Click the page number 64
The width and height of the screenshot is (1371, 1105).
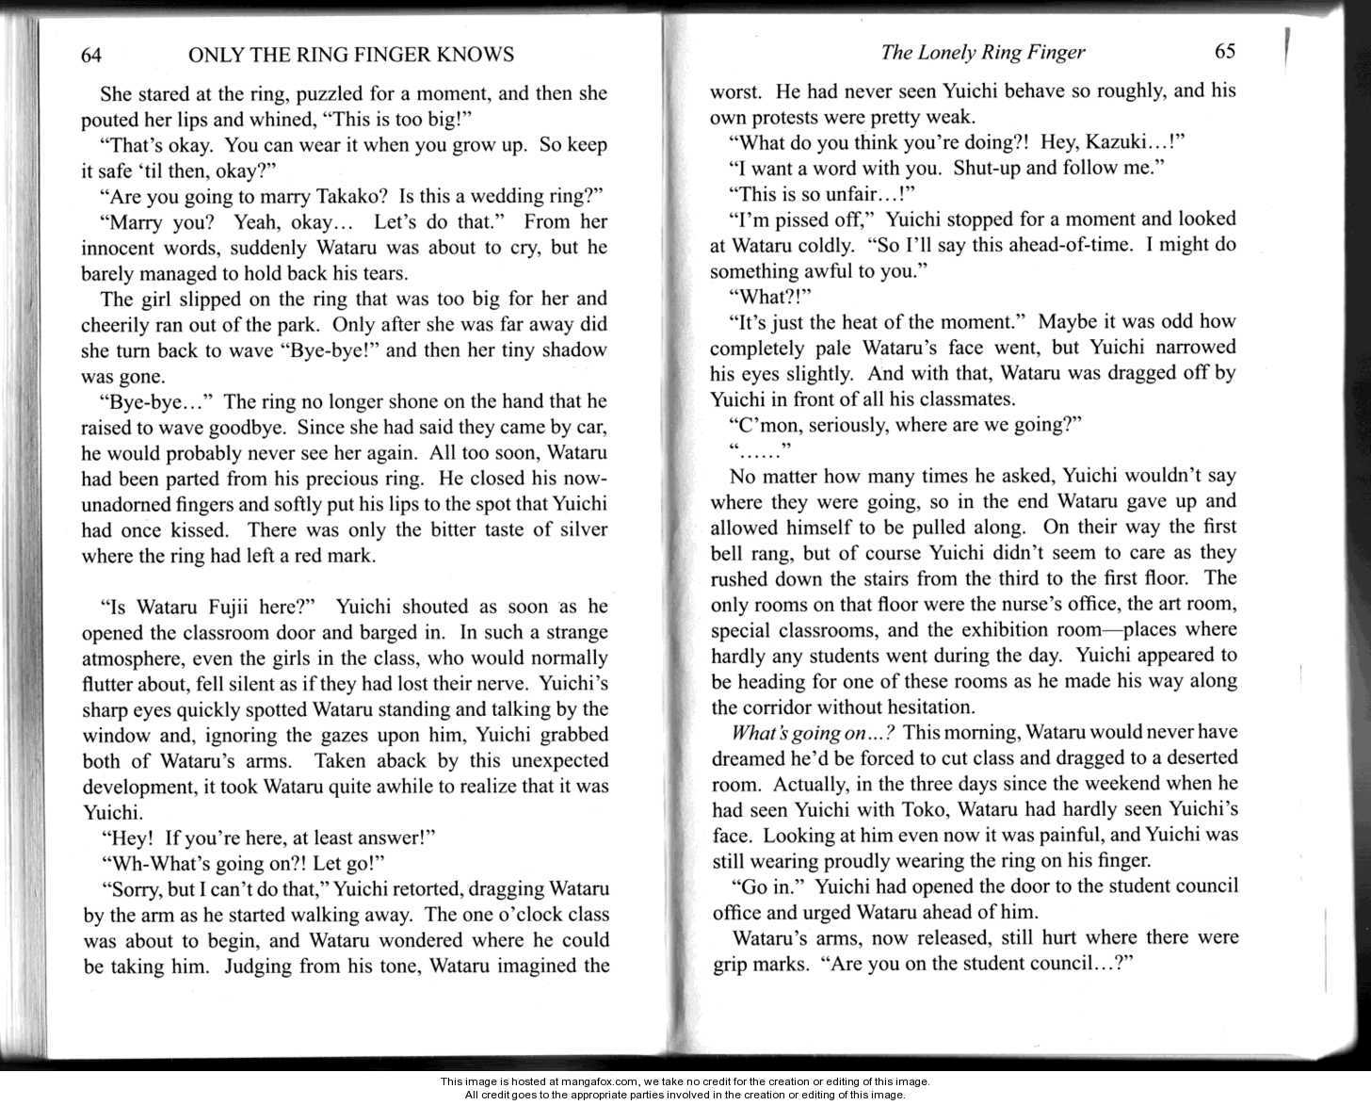coord(90,55)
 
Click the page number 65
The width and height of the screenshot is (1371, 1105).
coord(1224,52)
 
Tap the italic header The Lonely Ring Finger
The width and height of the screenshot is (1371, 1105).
coord(982,53)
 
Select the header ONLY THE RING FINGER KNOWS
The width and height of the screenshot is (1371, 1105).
coord(351,55)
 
